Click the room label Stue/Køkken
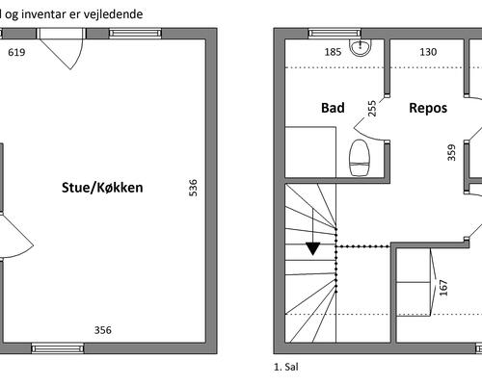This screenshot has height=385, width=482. [x=102, y=188]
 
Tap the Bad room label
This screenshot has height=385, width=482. [x=333, y=108]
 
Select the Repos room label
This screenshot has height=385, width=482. [x=428, y=108]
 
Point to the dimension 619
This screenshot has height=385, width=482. [x=16, y=52]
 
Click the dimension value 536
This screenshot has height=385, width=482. [x=193, y=188]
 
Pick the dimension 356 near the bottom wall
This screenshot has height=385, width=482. [x=103, y=330]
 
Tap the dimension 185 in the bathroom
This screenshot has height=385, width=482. [x=333, y=52]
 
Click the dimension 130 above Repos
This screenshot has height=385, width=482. [x=428, y=52]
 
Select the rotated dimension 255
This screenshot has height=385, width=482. [x=371, y=109]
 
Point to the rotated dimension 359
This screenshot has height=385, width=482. [x=451, y=153]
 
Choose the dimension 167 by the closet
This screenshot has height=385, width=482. [x=443, y=288]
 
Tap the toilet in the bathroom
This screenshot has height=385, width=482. [x=359, y=158]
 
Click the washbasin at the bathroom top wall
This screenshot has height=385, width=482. [x=361, y=48]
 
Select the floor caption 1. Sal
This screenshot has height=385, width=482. [x=286, y=367]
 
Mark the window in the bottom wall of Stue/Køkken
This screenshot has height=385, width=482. [x=58, y=348]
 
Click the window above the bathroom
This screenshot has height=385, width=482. [x=335, y=34]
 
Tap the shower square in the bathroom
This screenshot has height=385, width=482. [x=310, y=152]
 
